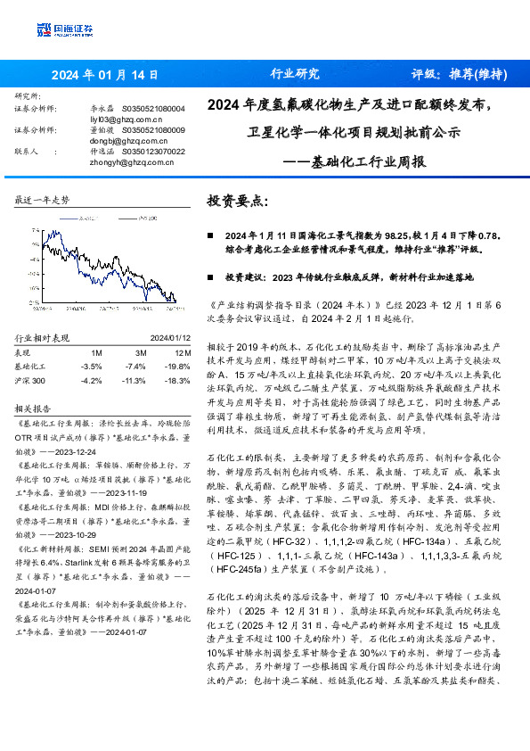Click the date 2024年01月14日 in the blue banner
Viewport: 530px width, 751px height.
coord(105,74)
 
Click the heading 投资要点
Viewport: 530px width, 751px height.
coord(236,202)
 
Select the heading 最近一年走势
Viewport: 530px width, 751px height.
coord(43,200)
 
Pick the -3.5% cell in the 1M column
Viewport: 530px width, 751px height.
coord(91,367)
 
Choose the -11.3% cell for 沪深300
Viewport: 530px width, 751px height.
coord(135,380)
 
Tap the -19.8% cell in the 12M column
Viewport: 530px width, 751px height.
coord(176,367)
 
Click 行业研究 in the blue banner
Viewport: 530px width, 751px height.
coord(294,74)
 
